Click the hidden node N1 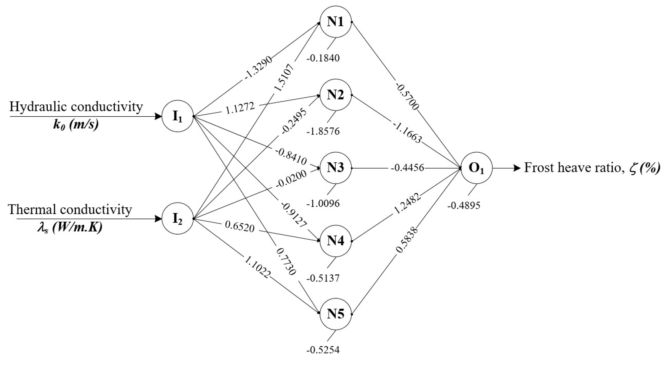335,22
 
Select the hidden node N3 335,168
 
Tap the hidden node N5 335,314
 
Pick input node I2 178,219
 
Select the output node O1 476,168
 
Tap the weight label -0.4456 407,168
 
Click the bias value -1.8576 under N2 323,131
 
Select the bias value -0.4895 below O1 464,206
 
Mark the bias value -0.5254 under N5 323,350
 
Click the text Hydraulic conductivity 76,107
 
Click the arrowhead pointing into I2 158,219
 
